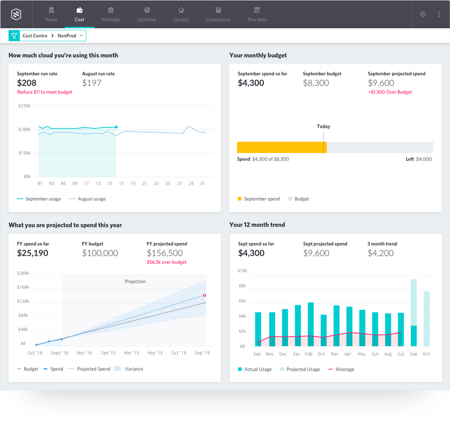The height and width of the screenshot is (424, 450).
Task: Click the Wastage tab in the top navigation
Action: [110, 14]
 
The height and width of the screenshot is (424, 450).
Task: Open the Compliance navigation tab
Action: [218, 14]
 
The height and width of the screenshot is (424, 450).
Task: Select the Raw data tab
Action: [257, 14]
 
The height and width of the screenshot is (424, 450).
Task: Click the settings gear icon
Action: [423, 14]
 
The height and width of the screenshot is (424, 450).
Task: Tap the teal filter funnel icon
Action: [14, 35]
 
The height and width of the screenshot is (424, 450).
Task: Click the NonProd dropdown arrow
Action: [81, 35]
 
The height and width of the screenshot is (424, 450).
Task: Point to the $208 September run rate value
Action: [27, 83]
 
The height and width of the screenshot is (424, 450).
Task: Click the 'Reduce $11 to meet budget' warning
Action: [44, 92]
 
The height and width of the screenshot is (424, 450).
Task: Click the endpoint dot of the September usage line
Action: [116, 127]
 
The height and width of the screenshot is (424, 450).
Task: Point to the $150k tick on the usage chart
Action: [24, 153]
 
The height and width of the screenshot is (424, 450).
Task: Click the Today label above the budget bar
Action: [323, 127]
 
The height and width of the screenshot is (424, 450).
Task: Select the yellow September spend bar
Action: [281, 147]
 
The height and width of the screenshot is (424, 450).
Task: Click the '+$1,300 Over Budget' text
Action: [390, 92]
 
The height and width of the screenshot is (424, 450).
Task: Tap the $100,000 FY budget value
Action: [100, 253]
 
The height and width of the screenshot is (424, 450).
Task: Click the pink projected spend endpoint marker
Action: [205, 295]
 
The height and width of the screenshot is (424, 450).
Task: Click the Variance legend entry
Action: [129, 369]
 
